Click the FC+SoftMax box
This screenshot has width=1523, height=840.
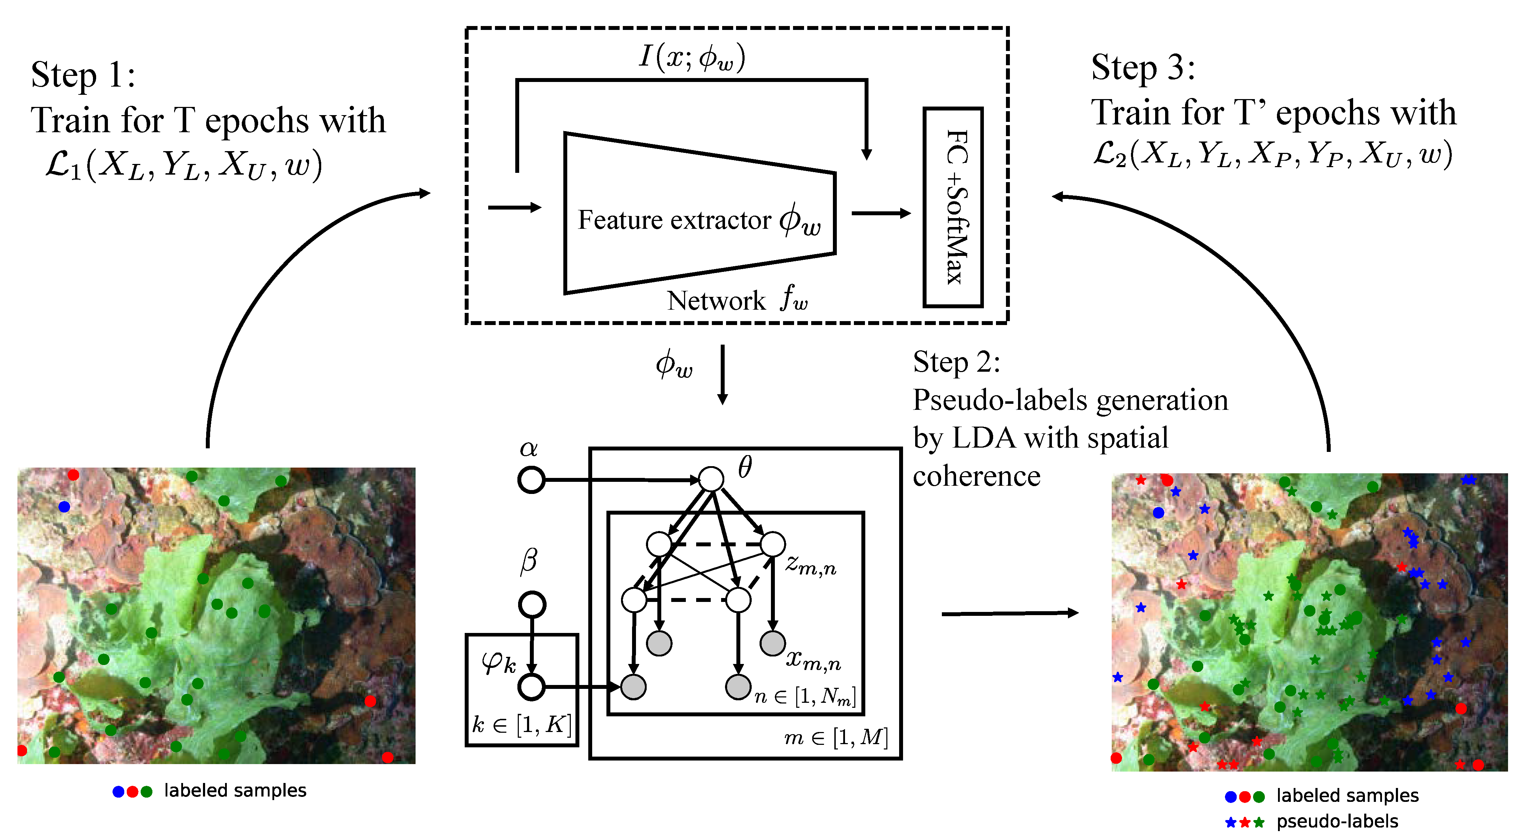point(953,207)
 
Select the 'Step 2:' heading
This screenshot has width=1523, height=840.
point(956,362)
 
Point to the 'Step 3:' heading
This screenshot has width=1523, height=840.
point(1142,67)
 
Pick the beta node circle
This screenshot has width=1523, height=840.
point(532,604)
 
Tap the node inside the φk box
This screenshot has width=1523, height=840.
point(531,687)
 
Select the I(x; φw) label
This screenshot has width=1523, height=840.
point(692,57)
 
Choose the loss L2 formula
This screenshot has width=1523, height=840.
point(1271,154)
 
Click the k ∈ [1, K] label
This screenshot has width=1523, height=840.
point(521,724)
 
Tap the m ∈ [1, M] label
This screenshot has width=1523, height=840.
point(835,737)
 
